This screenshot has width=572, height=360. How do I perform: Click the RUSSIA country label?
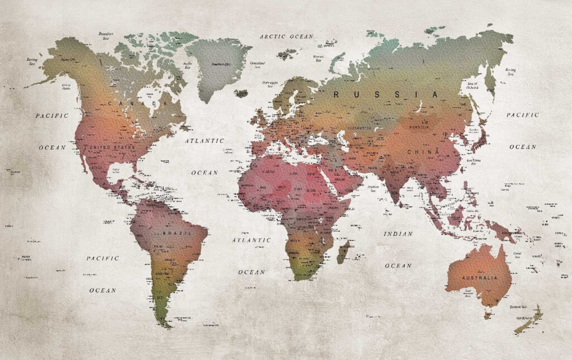(385, 94)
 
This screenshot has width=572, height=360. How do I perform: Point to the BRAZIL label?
(177, 232)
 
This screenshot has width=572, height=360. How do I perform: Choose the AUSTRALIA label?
(479, 277)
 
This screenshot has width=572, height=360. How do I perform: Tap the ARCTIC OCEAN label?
(287, 36)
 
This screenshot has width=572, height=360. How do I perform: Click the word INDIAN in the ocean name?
(398, 234)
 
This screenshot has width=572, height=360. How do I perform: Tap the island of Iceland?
(241, 93)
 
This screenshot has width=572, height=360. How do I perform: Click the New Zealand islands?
(527, 320)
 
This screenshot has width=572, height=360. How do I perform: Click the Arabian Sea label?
(373, 190)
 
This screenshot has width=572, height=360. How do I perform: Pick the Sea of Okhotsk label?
(471, 87)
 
